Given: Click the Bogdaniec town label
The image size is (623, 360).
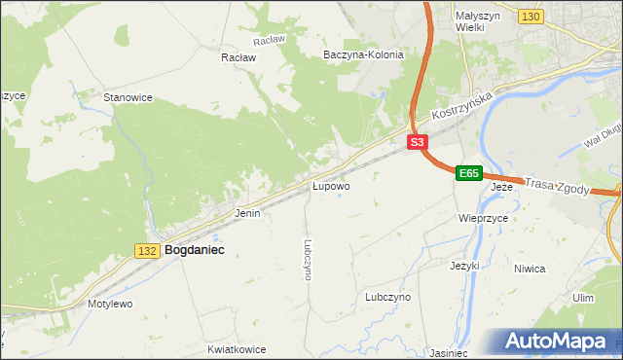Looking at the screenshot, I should pos(195,250).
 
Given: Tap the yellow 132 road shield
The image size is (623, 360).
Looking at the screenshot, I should pos(147,251).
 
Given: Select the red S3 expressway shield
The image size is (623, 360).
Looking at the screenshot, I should pos(417,142).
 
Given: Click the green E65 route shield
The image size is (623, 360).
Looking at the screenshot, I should pos(469,173).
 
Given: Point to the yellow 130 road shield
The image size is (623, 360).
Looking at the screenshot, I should pos(531,18).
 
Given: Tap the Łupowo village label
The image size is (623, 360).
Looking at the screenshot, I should pos(331,185).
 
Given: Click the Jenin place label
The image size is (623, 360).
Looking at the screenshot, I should pos(247,212).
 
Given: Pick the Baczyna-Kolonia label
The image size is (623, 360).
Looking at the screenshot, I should pos(363,55).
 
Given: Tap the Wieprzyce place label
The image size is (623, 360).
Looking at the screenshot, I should pos(483,219).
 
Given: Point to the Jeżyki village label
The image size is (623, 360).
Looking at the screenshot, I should pos(465,265).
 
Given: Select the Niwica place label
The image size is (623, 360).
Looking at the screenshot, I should pos(556,268).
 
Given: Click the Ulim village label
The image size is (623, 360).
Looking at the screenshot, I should pos(583,298).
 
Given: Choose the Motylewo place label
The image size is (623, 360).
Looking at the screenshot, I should pos(109,304).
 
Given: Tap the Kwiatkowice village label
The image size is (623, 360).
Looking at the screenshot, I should pos(237,347).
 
